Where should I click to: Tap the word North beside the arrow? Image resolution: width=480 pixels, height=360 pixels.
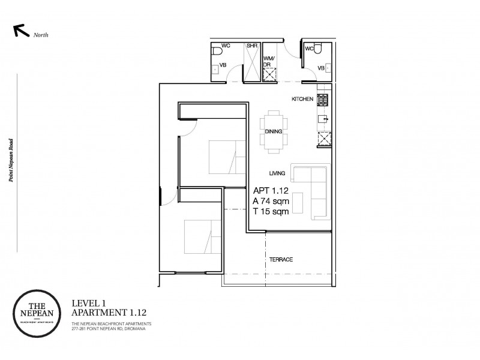coord(41,35)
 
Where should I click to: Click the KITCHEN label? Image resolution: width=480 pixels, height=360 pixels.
coord(302,99)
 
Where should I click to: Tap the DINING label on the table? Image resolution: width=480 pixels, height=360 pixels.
coord(274,131)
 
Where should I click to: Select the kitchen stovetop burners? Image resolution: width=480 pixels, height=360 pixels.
coord(323,100)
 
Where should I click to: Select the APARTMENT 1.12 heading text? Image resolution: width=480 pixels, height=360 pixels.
coord(109,313)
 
